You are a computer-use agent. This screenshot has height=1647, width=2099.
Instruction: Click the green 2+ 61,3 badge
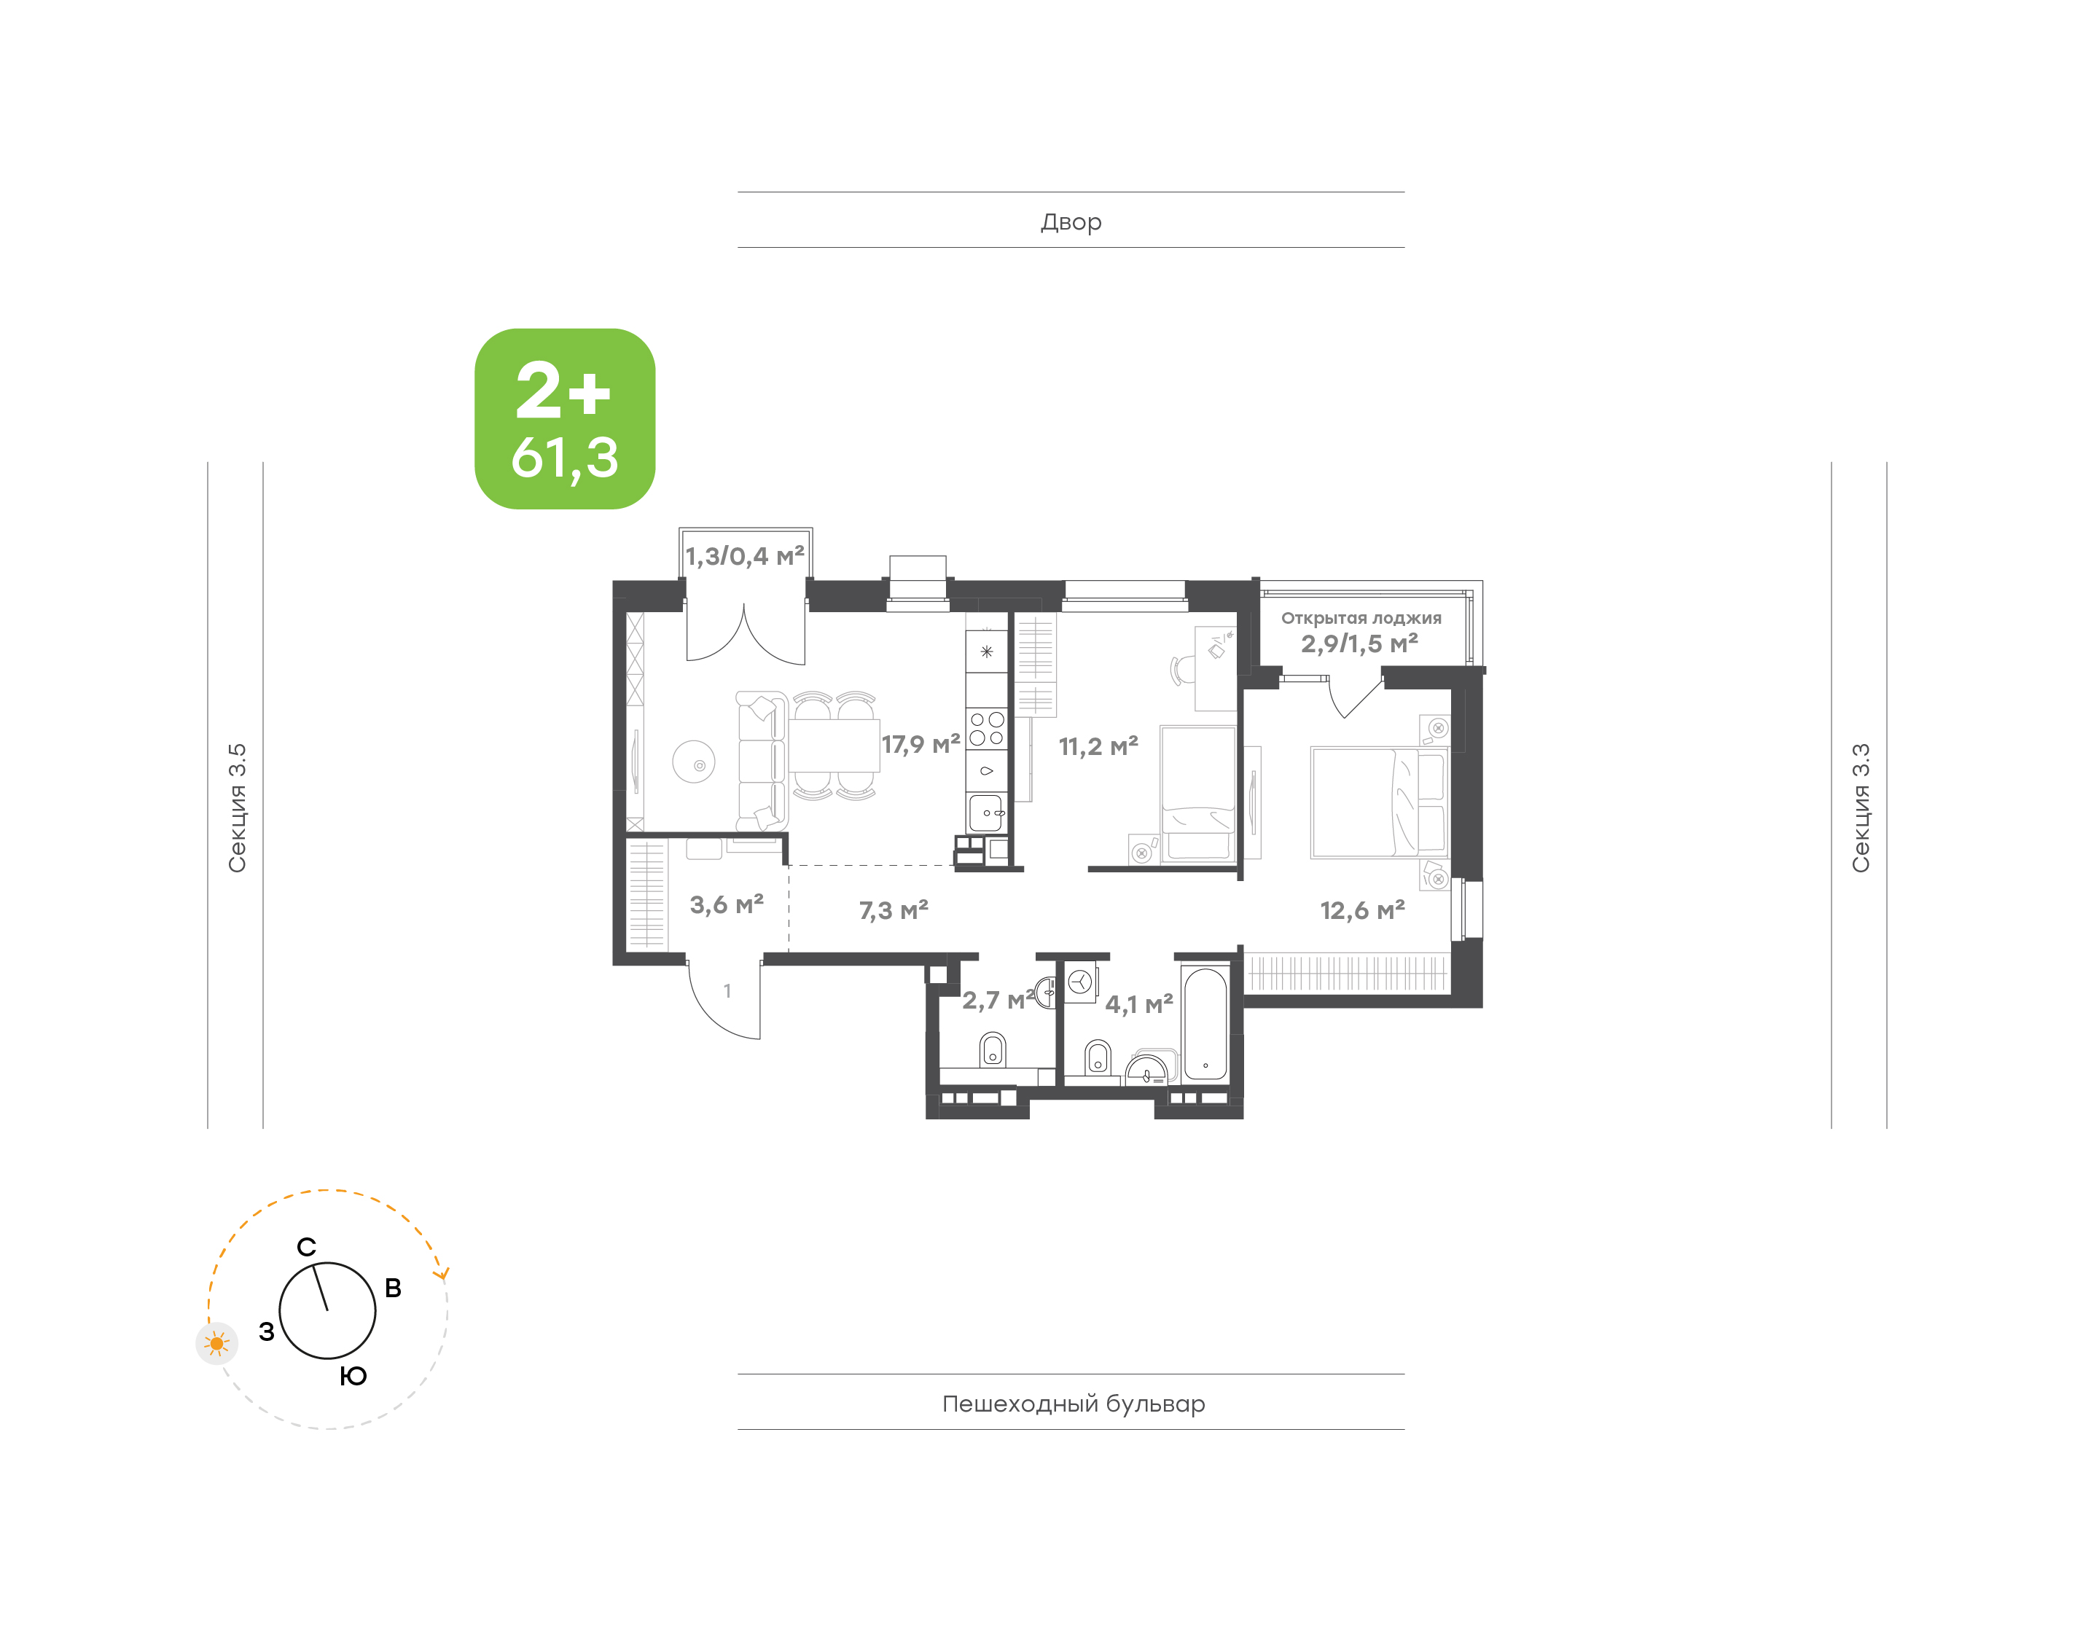click(x=564, y=418)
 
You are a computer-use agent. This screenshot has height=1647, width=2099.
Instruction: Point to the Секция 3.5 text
click(x=237, y=808)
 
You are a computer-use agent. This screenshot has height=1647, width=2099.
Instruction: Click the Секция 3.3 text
click(x=1860, y=808)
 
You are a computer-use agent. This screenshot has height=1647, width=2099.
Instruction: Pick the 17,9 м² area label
click(x=920, y=744)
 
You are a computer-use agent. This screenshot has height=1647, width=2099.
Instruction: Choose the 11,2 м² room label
click(x=1098, y=746)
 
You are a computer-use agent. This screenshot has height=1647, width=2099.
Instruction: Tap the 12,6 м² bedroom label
click(x=1362, y=910)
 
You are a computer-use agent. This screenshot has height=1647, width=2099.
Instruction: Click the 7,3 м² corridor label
click(x=894, y=910)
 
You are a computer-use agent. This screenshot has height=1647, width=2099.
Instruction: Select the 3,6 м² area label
click(x=727, y=904)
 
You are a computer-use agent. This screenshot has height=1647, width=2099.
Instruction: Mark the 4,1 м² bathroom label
click(x=1138, y=1004)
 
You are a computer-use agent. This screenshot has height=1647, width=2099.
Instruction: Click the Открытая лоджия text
click(x=1361, y=618)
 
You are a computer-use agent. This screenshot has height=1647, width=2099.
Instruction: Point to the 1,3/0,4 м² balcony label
click(x=744, y=556)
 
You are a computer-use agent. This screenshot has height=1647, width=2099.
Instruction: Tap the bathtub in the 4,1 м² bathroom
click(x=1205, y=1024)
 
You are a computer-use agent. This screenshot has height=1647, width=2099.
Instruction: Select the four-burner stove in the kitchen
click(x=986, y=728)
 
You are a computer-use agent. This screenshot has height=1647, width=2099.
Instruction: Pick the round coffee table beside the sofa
click(x=695, y=762)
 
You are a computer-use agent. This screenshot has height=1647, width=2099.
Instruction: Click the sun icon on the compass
click(x=217, y=1343)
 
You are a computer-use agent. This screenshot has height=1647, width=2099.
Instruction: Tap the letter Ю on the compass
click(x=353, y=1376)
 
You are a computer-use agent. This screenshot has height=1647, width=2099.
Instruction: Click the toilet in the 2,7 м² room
click(x=992, y=1049)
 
